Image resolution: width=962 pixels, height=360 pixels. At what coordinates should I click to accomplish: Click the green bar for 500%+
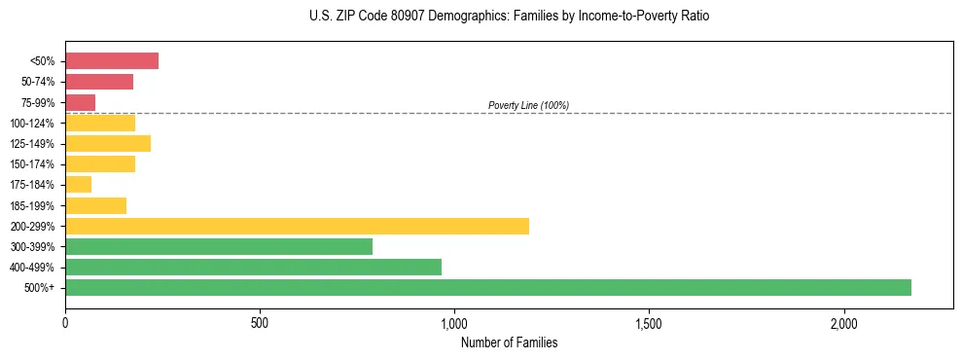point(488,287)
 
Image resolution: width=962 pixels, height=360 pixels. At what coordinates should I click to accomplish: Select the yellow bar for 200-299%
point(297,226)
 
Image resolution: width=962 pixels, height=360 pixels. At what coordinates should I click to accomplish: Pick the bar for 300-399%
point(219,246)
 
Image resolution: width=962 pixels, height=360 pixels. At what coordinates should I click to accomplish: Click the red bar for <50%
point(112,61)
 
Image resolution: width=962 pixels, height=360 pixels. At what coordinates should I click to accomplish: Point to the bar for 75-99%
point(80,102)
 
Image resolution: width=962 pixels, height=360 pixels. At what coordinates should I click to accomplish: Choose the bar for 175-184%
point(78,184)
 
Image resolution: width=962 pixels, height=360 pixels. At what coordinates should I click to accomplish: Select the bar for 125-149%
point(108,143)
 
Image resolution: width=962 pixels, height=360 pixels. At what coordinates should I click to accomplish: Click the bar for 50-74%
point(99,82)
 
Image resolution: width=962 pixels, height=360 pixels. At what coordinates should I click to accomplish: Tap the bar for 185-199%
point(95,205)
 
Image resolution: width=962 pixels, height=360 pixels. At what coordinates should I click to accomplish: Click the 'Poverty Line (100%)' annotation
point(528,105)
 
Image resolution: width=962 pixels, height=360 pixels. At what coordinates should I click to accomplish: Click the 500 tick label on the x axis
point(260,323)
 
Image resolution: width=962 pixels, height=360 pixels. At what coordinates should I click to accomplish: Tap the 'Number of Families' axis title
point(509,342)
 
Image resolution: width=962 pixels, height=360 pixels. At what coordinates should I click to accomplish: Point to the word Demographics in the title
point(449,17)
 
